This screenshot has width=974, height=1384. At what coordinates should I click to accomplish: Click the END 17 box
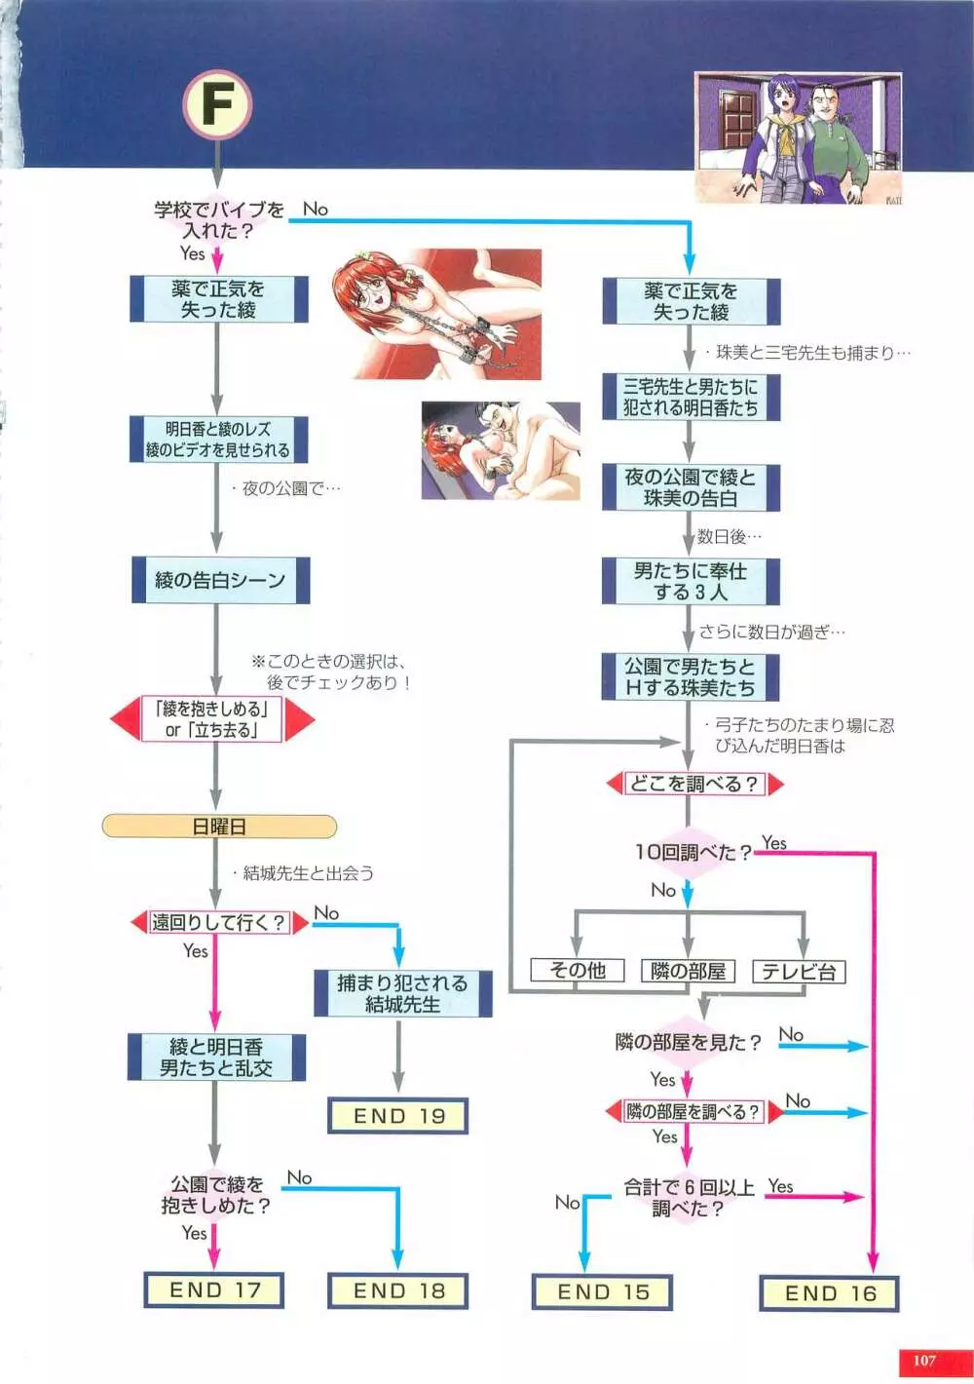point(214,1289)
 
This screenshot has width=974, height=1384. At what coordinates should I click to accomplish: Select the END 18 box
point(398,1290)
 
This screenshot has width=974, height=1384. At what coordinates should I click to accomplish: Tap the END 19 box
point(398,1116)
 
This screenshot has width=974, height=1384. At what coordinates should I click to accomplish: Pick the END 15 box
point(602,1292)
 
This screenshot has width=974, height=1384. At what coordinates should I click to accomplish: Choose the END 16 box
point(830,1293)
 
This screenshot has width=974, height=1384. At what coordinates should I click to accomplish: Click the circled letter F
point(217,104)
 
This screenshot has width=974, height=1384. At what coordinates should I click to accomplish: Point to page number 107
point(923,1361)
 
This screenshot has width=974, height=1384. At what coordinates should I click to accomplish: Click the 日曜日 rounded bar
point(219,827)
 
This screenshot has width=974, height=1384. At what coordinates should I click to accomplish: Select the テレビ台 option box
point(799,972)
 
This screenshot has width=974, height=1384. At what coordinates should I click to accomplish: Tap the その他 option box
point(577,970)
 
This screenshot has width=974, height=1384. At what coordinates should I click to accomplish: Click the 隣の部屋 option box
point(688,971)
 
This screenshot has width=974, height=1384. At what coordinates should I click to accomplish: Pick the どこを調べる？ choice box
point(693,784)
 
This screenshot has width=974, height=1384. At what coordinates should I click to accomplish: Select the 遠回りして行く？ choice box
point(218,922)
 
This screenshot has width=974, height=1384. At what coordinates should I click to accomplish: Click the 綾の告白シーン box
point(220,580)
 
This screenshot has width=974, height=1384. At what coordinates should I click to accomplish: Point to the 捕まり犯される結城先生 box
point(402,993)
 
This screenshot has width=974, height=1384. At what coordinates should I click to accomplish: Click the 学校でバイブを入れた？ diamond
point(218,219)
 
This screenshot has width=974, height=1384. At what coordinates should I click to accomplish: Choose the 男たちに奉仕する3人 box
point(690,581)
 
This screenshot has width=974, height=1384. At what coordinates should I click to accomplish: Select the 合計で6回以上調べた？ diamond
point(689,1198)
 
